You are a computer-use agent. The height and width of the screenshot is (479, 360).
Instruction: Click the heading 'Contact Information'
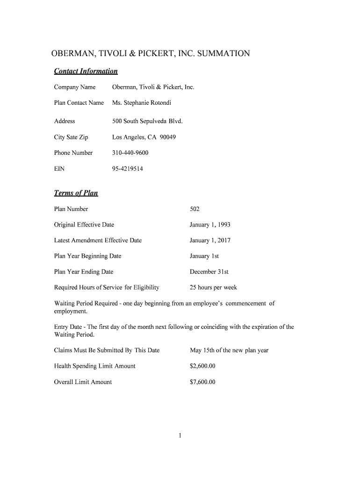pyautogui.click(x=86, y=71)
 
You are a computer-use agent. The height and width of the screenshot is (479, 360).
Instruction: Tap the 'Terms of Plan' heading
pyautogui.click(x=76, y=193)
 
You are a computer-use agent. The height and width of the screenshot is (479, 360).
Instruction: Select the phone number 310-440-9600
pyautogui.click(x=130, y=153)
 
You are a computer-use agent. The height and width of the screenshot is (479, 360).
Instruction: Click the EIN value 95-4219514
pyautogui.click(x=127, y=169)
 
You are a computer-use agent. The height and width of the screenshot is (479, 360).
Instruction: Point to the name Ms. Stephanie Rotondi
pyautogui.click(x=141, y=103)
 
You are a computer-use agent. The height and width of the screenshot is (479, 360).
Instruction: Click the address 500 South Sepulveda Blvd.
pyautogui.click(x=147, y=121)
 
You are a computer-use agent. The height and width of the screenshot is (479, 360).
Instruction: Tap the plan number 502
pyautogui.click(x=194, y=209)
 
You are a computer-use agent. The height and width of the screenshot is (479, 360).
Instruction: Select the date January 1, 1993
pyautogui.click(x=210, y=225)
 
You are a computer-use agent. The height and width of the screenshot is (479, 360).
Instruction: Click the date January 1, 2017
pyautogui.click(x=210, y=240)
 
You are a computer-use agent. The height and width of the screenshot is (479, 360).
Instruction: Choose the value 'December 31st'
pyautogui.click(x=209, y=272)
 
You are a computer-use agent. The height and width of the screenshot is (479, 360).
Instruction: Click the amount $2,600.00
pyautogui.click(x=202, y=366)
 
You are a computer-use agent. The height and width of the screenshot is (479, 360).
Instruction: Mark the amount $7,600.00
pyautogui.click(x=202, y=382)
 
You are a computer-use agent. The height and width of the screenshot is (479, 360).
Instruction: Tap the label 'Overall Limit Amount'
pyautogui.click(x=83, y=382)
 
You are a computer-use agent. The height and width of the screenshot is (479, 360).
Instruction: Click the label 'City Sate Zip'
pyautogui.click(x=71, y=137)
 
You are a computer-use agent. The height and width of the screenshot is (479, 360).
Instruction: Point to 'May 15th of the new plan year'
pyautogui.click(x=229, y=350)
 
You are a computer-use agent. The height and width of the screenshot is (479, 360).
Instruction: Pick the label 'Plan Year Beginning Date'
pyautogui.click(x=87, y=256)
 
